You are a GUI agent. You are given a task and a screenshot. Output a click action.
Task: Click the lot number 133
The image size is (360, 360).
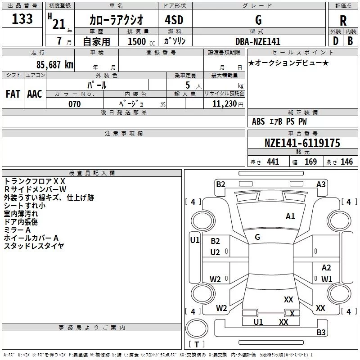coord(22,19)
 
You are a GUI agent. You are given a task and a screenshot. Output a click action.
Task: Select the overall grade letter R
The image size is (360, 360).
coord(343,21)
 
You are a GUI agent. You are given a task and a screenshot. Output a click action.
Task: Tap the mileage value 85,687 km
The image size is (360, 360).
coord(55,65)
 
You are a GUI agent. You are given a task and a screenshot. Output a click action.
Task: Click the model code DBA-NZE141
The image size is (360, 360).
coord(258,41)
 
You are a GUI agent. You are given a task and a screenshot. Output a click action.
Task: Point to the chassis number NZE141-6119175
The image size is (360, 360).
coord(302,143)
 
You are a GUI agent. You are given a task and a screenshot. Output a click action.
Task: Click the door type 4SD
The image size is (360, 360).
coord(174,20)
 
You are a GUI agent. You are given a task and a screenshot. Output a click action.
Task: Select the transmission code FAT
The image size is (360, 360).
coord(13,94)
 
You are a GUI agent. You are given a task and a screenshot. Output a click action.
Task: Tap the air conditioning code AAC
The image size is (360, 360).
coord(35,94)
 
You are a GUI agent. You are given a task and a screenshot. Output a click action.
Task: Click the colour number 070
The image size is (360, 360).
coord(75,104)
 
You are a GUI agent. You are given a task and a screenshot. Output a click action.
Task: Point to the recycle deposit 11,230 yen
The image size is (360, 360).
coord(228,104)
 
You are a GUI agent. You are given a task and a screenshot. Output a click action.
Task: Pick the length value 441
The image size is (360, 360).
coord(273,162)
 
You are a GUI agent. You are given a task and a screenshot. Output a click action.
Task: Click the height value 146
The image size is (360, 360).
coord(346,162)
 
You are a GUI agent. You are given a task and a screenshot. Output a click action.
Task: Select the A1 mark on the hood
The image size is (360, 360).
coord(290,216)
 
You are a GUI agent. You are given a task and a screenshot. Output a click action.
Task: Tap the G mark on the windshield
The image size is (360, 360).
coord(257,237)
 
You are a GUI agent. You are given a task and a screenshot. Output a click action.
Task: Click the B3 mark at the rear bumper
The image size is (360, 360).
coord(321,332)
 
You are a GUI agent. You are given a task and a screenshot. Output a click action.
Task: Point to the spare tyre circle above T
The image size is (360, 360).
coord(197,328)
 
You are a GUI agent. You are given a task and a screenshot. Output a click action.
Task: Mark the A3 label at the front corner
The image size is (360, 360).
coord(321,184)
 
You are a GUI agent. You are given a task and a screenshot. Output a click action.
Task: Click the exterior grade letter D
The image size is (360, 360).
coord(336,41)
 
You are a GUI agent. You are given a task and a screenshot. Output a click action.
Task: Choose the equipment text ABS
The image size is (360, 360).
coord(258,121)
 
